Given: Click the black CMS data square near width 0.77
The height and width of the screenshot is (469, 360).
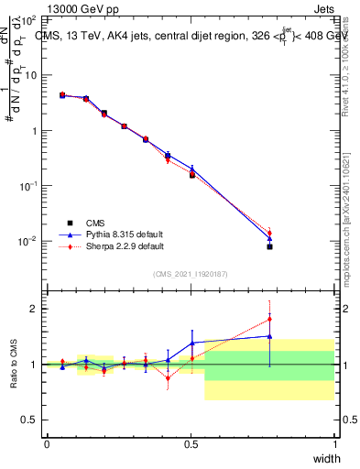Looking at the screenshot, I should [x=269, y=246].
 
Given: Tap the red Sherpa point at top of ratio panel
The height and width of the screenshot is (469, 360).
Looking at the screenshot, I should [x=269, y=320].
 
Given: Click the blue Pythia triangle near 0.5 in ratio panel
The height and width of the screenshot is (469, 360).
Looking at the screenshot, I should [x=191, y=343].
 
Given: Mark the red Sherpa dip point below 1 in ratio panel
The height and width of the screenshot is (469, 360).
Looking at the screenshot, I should [x=168, y=376].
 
